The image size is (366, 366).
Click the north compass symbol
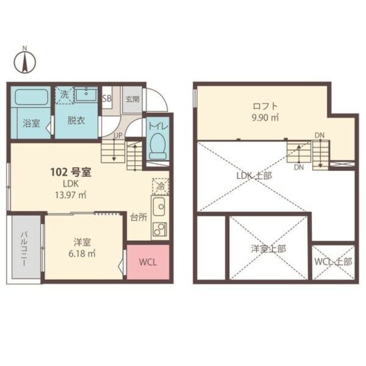point(25,61)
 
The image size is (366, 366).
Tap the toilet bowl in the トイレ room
point(158,146)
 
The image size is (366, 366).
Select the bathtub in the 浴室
point(32,97)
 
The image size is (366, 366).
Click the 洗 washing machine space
point(65,96)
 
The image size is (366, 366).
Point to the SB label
point(107,99)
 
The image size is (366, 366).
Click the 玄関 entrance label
point(133,99)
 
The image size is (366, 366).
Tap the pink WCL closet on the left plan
point(148,262)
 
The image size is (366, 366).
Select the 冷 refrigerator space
point(161,187)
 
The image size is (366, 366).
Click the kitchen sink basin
point(159,207)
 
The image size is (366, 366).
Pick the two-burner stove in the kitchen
point(160,229)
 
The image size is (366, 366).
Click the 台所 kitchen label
point(139,217)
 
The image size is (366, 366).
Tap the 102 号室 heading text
point(71,172)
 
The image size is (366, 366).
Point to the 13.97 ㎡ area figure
point(70,195)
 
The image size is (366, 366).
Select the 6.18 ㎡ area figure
point(82,253)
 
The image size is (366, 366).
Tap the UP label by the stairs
point(118,135)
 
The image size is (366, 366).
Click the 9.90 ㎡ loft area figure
point(265,118)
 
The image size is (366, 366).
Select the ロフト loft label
point(265,106)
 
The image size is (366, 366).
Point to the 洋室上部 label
point(269,249)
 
